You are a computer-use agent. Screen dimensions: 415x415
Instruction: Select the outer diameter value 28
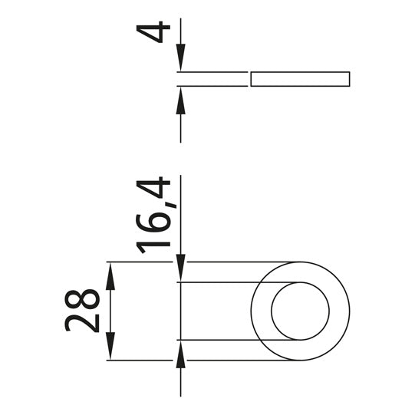pyautogui.click(x=83, y=310)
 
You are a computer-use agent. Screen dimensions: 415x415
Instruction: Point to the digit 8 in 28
pyautogui.click(x=83, y=299)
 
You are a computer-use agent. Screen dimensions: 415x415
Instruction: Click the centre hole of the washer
pyautogui.click(x=300, y=311)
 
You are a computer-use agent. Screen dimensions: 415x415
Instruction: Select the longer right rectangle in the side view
pyautogui.click(x=300, y=78)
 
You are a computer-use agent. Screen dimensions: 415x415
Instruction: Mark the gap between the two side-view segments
pyautogui.click(x=249, y=78)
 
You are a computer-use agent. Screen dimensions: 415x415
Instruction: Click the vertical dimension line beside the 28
pyautogui.click(x=110, y=311)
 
